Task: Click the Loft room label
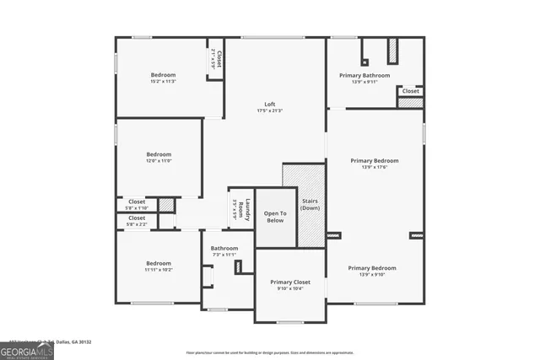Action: [x=270, y=105]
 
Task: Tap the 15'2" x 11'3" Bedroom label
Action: [x=163, y=75]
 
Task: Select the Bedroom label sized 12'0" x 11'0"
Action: [x=159, y=154]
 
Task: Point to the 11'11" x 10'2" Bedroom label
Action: [x=159, y=263]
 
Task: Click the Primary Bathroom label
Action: [x=364, y=75]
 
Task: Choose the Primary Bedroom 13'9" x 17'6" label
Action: [x=375, y=160]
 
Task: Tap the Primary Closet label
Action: [x=290, y=282]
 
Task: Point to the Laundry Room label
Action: [x=240, y=208]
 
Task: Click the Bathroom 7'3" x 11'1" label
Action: [x=224, y=248]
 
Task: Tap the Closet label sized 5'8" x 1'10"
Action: [x=137, y=201]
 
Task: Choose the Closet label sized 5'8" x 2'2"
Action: [x=137, y=218]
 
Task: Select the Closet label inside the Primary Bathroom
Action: [x=410, y=91]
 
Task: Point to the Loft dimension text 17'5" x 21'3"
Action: [x=270, y=111]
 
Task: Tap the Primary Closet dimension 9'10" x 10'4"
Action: [x=290, y=288]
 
